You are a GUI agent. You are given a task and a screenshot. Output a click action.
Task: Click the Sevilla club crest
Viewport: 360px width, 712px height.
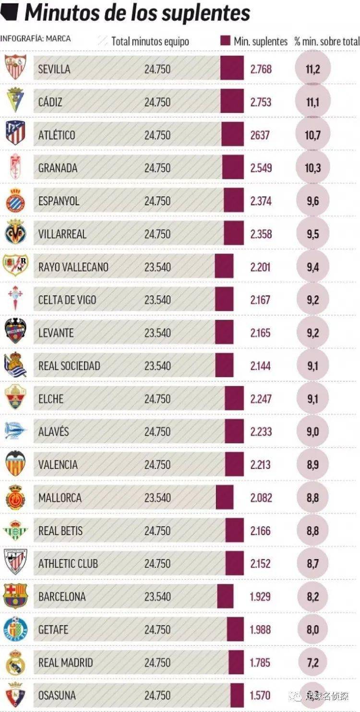click(x=16, y=68)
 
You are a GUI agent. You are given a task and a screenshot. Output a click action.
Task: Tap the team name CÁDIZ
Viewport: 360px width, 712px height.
click(x=50, y=102)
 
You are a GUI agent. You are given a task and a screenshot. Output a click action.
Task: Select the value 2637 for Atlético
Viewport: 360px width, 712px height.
click(x=260, y=135)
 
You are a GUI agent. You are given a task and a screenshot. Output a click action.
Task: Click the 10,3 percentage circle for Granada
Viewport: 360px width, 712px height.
click(x=312, y=168)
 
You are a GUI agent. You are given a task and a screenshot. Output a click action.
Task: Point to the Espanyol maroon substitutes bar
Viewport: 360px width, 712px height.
click(x=234, y=201)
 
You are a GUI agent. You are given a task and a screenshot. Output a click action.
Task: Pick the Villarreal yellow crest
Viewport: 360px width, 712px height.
click(x=16, y=233)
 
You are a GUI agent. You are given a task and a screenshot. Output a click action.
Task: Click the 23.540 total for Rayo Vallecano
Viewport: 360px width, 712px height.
click(x=157, y=267)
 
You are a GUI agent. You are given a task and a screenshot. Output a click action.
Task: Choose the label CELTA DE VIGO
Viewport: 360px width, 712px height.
click(x=67, y=300)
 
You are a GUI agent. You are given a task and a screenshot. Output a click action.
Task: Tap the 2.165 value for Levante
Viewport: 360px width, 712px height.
click(x=261, y=333)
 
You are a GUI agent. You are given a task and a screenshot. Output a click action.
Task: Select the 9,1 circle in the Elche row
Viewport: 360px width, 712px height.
click(x=312, y=399)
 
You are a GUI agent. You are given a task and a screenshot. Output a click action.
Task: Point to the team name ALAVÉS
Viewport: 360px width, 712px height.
click(x=54, y=432)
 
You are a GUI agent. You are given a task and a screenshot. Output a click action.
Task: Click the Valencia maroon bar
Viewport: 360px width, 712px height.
click(x=234, y=464)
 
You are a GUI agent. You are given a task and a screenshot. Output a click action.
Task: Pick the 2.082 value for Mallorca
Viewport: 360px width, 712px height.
click(x=261, y=498)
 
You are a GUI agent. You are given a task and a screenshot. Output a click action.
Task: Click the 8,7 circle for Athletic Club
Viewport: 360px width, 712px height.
click(x=312, y=564)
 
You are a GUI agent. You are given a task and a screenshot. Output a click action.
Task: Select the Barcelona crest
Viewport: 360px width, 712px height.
click(x=16, y=596)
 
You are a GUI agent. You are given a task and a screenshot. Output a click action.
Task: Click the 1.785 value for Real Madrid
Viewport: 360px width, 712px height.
click(x=261, y=663)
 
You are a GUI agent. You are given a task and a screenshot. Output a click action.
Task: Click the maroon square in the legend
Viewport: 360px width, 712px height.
click(x=225, y=41)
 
